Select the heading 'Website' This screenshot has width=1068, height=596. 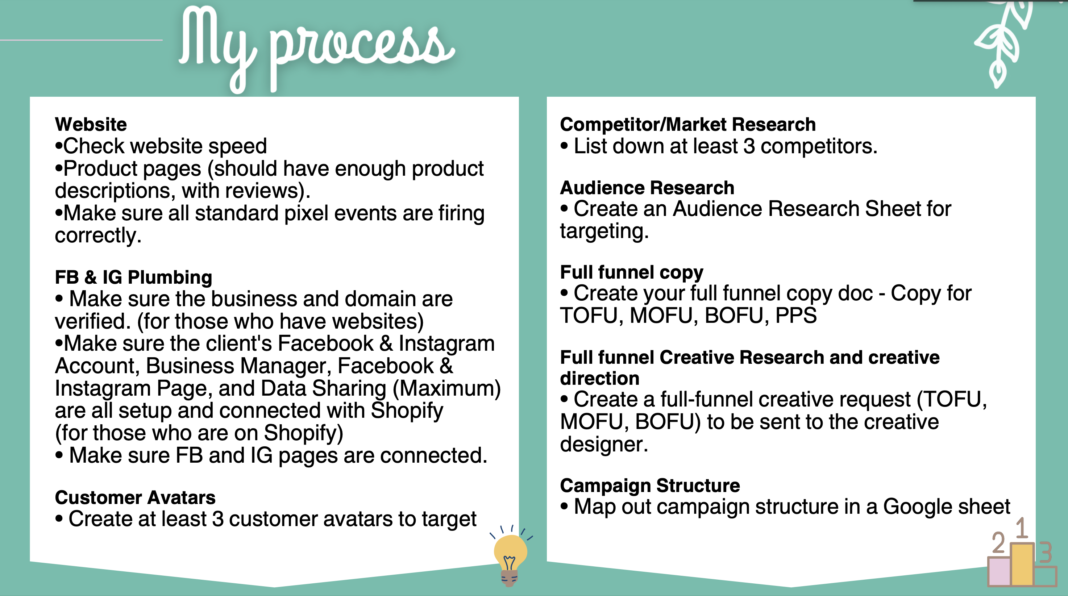[91, 124]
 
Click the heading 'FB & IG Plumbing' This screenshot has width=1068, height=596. [133, 277]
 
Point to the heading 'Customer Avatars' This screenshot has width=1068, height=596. [135, 497]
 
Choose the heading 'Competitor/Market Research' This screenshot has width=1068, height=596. [688, 124]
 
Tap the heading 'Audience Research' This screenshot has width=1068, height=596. [647, 188]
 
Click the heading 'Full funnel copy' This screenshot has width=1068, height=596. [631, 273]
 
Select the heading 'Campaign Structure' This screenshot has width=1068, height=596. [650, 485]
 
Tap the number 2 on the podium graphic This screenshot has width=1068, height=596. [999, 543]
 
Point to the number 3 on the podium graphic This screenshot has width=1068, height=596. [1046, 553]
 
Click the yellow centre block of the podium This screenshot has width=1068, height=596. [1022, 564]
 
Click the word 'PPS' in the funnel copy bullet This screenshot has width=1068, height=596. [796, 316]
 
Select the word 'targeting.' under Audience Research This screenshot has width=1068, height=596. [604, 231]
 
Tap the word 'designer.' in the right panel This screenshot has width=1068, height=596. [604, 444]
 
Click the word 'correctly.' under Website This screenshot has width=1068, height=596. [98, 236]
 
